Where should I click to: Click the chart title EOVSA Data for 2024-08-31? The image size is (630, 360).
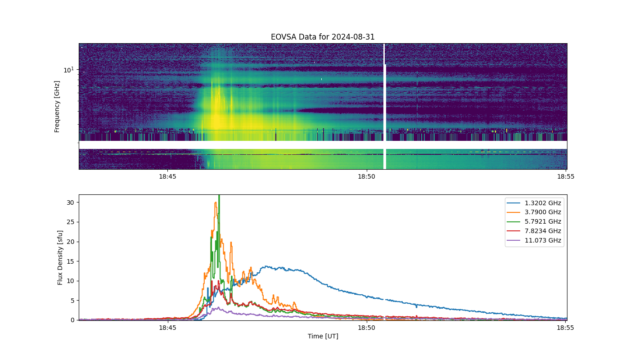pyautogui.click(x=323, y=37)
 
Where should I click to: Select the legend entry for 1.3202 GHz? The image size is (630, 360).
pyautogui.click(x=534, y=203)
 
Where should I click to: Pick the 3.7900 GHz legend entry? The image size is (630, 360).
pyautogui.click(x=534, y=212)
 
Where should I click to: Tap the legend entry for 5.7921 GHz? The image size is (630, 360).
pyautogui.click(x=534, y=221)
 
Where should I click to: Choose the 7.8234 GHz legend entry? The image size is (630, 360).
pyautogui.click(x=534, y=231)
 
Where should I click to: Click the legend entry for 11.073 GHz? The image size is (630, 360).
pyautogui.click(x=534, y=240)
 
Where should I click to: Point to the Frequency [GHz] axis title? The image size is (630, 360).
pyautogui.click(x=57, y=107)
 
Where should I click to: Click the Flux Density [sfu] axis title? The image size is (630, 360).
pyautogui.click(x=59, y=257)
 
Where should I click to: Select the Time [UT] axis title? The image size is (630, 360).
pyautogui.click(x=323, y=336)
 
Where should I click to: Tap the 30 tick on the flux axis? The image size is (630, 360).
pyautogui.click(x=71, y=202)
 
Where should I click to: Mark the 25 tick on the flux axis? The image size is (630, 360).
pyautogui.click(x=71, y=222)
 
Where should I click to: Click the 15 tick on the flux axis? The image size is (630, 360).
pyautogui.click(x=71, y=261)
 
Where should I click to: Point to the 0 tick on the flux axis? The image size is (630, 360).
pyautogui.click(x=72, y=320)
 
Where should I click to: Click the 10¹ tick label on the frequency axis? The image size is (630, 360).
pyautogui.click(x=68, y=70)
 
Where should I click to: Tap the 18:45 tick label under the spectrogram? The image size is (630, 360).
pyautogui.click(x=167, y=176)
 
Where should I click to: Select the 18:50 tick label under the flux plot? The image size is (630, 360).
pyautogui.click(x=366, y=328)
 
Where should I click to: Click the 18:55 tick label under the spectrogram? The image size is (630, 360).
pyautogui.click(x=566, y=176)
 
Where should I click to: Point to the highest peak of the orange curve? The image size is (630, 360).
pyautogui.click(x=216, y=202)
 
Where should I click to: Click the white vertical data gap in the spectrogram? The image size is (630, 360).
pyautogui.click(x=385, y=106)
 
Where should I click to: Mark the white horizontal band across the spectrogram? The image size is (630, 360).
pyautogui.click(x=323, y=145)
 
